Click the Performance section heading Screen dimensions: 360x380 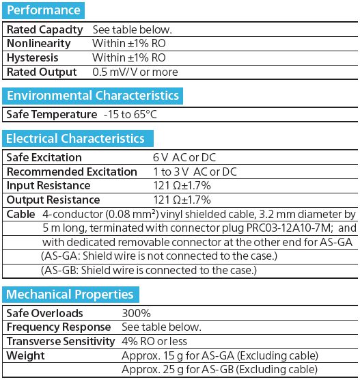44,10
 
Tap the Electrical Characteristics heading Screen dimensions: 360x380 75,139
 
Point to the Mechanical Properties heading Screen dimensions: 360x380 70,295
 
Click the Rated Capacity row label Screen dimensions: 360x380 44,30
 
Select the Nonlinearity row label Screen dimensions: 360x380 38,44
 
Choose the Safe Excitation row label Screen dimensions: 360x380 44,158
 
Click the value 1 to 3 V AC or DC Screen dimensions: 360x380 195,172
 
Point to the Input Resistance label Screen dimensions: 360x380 48,186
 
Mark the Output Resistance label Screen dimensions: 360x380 53,200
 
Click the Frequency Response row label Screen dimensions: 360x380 57,327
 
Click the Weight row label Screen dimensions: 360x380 25,355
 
